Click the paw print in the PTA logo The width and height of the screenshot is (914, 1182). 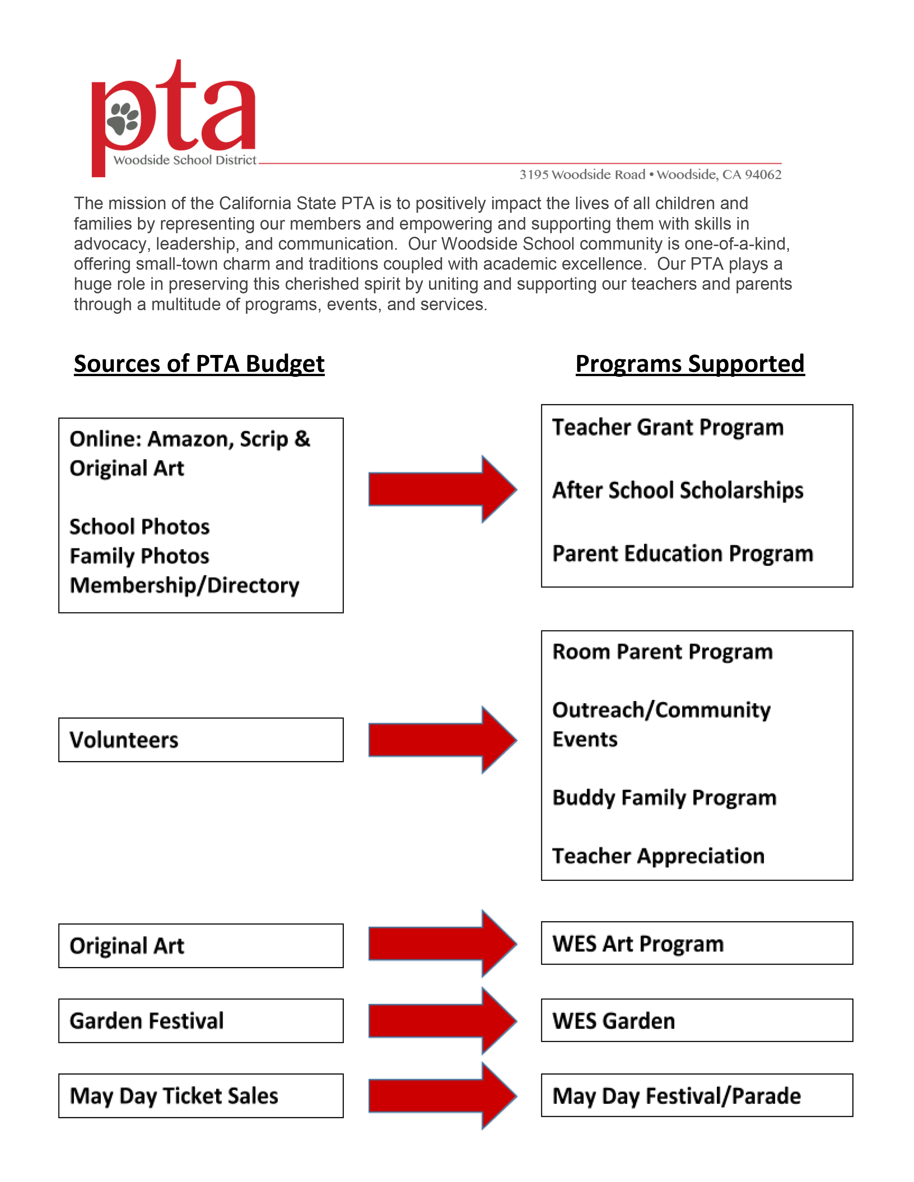coord(123,119)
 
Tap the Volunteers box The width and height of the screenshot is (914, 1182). coord(200,740)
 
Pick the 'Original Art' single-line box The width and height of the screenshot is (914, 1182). coord(200,946)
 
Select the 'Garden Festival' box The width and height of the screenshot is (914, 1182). coord(200,1021)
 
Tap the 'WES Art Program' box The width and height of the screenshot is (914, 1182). coord(696,943)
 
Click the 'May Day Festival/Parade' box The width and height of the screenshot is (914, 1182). coord(696,1095)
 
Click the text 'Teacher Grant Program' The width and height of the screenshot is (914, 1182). coord(668,428)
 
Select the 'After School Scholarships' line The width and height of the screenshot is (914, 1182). coord(677,490)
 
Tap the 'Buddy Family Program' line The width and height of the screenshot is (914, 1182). coord(665,798)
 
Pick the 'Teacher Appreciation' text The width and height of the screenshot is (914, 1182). coord(658,856)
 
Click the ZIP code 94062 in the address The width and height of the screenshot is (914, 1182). coord(763,175)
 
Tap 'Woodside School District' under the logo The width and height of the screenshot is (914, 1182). coord(185,160)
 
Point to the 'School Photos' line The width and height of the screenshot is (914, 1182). coord(139,527)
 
